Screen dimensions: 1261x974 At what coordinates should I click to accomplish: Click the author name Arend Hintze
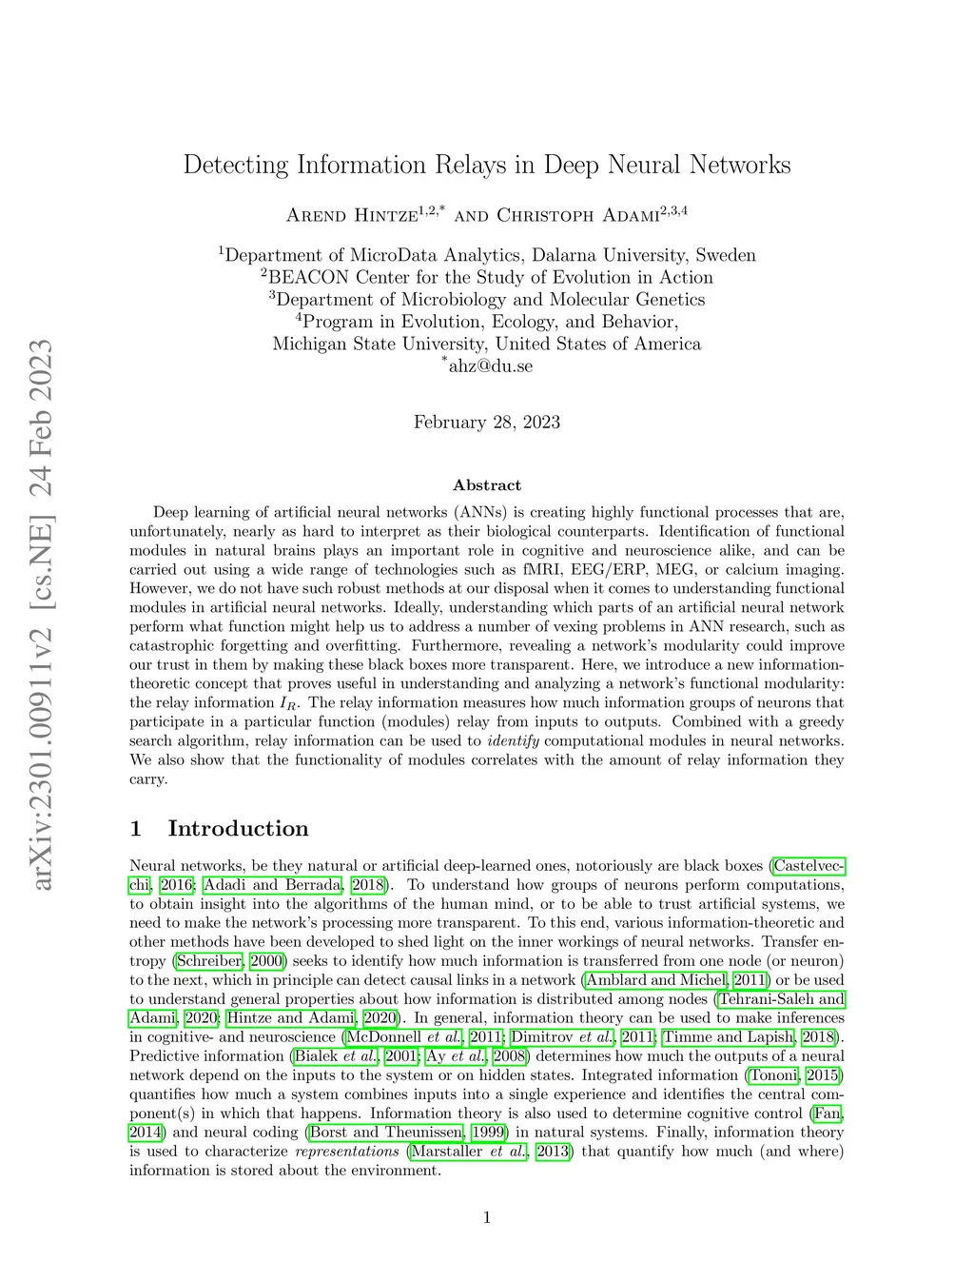(352, 215)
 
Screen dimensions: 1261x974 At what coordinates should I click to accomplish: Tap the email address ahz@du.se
(491, 366)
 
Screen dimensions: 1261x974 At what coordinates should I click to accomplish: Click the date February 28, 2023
(487, 423)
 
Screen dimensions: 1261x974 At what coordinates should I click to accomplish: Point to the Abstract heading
(487, 485)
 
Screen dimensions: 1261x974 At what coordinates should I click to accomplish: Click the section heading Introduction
(238, 829)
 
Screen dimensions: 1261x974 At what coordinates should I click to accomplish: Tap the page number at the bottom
(487, 1217)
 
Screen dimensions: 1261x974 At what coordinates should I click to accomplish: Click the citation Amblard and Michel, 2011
(676, 980)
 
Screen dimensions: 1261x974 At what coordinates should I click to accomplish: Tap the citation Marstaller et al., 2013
(489, 1152)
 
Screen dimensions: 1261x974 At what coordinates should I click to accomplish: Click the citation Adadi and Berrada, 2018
(294, 885)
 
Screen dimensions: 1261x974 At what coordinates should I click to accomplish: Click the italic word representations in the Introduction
(347, 1152)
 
